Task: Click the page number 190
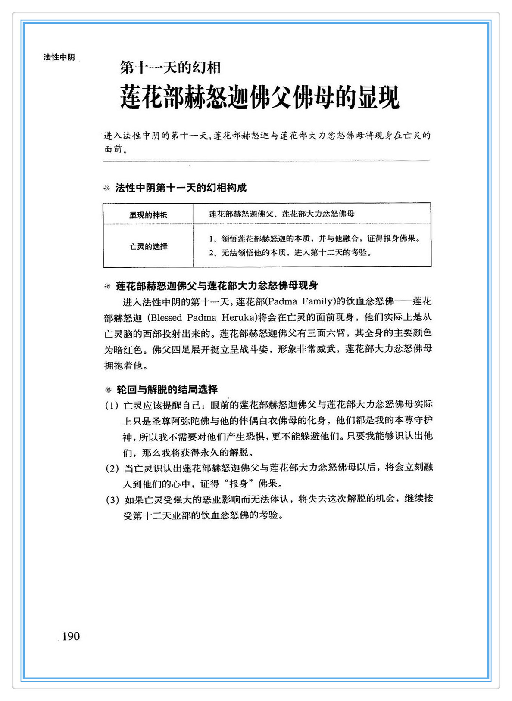click(x=71, y=636)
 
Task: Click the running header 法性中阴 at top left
click(x=59, y=57)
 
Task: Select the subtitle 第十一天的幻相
click(x=170, y=68)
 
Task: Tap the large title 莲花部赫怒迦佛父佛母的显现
click(x=259, y=98)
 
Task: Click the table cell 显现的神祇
click(x=148, y=214)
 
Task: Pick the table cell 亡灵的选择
click(x=148, y=246)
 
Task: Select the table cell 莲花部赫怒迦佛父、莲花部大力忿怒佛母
click(x=282, y=214)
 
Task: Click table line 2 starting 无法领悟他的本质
click(x=290, y=253)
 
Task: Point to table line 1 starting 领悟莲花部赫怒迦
click(x=314, y=238)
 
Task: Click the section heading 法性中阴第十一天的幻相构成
click(x=181, y=188)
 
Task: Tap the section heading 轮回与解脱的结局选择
click(x=167, y=389)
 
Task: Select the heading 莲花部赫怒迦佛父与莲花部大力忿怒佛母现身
click(x=217, y=285)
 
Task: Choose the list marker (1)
click(x=112, y=406)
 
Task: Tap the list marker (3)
click(x=112, y=500)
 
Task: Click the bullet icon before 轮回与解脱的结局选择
click(x=108, y=390)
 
